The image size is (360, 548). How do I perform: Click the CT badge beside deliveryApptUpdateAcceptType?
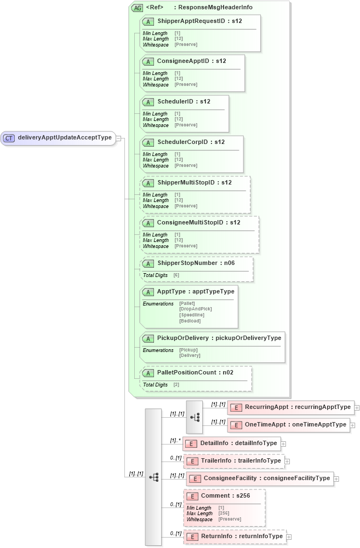click(x=9, y=138)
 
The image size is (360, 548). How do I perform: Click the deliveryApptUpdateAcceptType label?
click(x=65, y=138)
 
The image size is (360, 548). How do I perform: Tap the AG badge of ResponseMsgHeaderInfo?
click(x=136, y=8)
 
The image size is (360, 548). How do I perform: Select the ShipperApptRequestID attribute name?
click(x=191, y=21)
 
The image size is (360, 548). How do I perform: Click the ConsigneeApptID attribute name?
click(x=183, y=61)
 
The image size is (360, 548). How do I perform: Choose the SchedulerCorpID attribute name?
click(x=182, y=142)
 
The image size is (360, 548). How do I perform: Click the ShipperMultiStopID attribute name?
click(x=186, y=182)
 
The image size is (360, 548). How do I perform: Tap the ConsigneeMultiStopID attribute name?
click(x=190, y=222)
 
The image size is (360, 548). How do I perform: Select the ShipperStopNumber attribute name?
click(x=187, y=263)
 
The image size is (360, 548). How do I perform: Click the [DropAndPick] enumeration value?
click(x=195, y=309)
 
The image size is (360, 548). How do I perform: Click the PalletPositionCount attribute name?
click(x=187, y=372)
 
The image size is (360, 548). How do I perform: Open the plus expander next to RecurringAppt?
click(x=357, y=407)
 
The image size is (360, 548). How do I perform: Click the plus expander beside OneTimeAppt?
click(x=352, y=425)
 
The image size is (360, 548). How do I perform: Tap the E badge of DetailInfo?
click(x=191, y=443)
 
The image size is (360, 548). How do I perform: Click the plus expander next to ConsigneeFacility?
click(x=336, y=478)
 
